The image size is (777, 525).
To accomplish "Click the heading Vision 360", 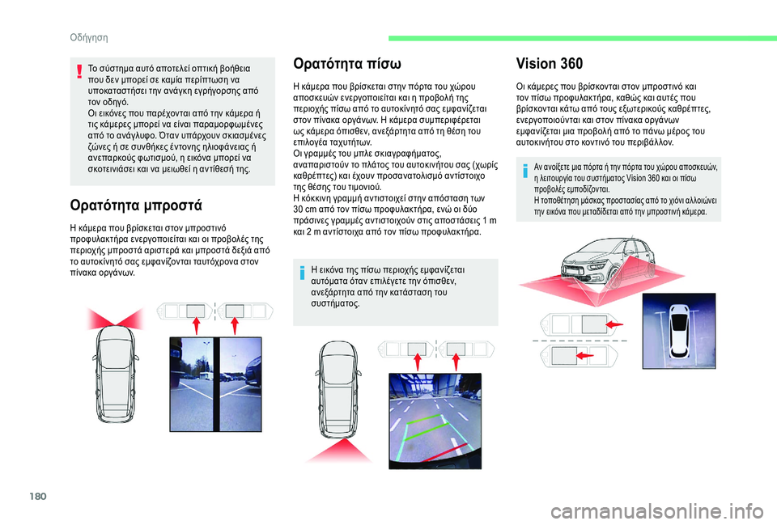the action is point(549,64).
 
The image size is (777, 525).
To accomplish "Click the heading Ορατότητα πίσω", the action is point(347,64).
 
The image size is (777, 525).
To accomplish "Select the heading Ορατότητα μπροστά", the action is point(136,205).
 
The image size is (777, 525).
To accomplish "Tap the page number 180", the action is point(38,496).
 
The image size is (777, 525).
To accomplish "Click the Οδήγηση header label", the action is point(89,38).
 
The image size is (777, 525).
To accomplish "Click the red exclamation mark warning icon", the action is point(79,71).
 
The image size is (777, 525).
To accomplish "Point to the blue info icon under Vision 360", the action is point(524,171).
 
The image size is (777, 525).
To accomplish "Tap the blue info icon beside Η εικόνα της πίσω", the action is point(302,273).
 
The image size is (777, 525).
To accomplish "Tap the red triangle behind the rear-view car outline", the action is point(339,451).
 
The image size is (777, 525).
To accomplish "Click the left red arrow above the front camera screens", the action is point(196,325).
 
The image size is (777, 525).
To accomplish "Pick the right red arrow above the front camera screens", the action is point(235,325).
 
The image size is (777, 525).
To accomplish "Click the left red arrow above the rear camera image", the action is point(418,362).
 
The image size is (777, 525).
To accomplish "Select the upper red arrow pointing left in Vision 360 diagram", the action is point(614,324).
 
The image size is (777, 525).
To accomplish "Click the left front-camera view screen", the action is point(192,384).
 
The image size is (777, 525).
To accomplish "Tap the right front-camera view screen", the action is point(240,384).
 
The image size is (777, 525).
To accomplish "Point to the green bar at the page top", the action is point(582,38).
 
